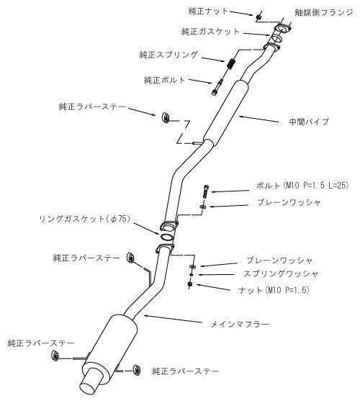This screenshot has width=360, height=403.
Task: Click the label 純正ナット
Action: [208, 12]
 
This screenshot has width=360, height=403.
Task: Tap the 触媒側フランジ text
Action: [324, 13]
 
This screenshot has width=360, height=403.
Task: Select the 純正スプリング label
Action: [169, 55]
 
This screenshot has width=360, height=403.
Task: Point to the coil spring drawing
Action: [232, 63]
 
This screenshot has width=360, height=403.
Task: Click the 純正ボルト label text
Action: [165, 80]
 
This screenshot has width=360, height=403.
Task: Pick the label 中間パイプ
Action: [309, 122]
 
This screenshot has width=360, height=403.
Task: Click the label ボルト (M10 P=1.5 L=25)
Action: [302, 185]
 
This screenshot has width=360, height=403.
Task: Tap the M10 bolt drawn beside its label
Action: [206, 191]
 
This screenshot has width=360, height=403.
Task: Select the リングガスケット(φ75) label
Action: [85, 219]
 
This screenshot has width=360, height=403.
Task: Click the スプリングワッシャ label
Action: [281, 273]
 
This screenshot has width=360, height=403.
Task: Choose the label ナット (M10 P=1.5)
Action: [274, 290]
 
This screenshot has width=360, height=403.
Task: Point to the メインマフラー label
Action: [240, 324]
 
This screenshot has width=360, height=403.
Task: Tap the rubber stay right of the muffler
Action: [137, 370]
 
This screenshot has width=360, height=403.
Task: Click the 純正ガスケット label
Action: [210, 32]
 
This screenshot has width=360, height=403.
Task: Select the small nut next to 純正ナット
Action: [258, 17]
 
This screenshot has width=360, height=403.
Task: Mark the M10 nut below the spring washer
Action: [191, 284]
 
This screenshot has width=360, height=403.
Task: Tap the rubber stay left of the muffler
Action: [55, 356]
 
